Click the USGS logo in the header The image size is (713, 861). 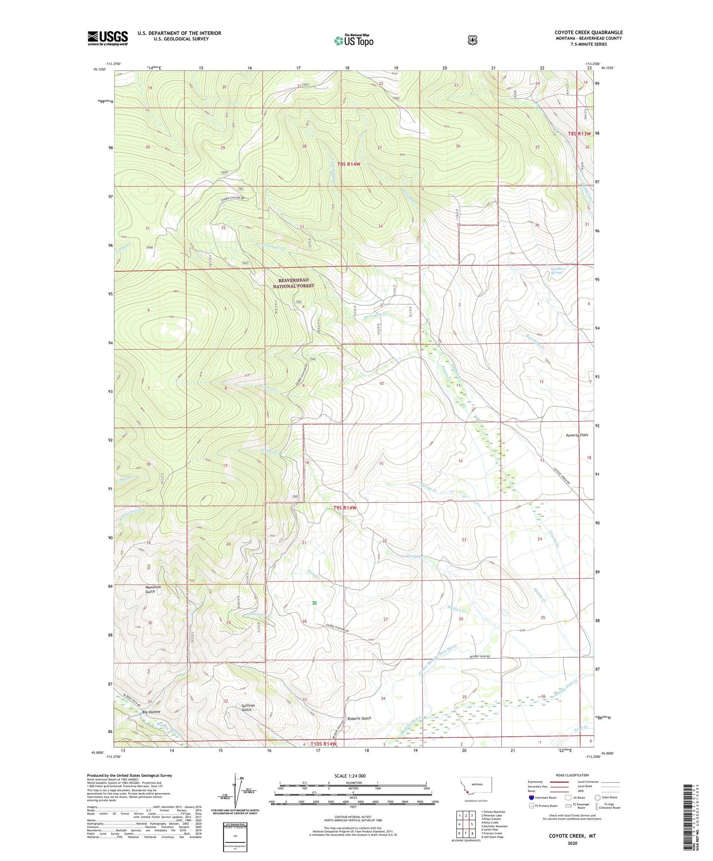tap(108, 38)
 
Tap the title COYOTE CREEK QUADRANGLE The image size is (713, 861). tap(588, 33)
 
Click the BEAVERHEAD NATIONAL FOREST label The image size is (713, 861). tap(294, 283)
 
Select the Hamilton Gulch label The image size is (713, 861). tap(153, 589)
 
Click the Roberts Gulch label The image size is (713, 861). tap(359, 718)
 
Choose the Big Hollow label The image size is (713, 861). tap(151, 712)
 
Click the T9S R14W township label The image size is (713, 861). tap(344, 508)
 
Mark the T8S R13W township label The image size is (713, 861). tap(579, 134)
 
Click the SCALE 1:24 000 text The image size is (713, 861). tap(350, 776)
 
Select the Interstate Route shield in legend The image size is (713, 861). tap(531, 797)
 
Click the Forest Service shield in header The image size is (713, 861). tap(472, 39)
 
